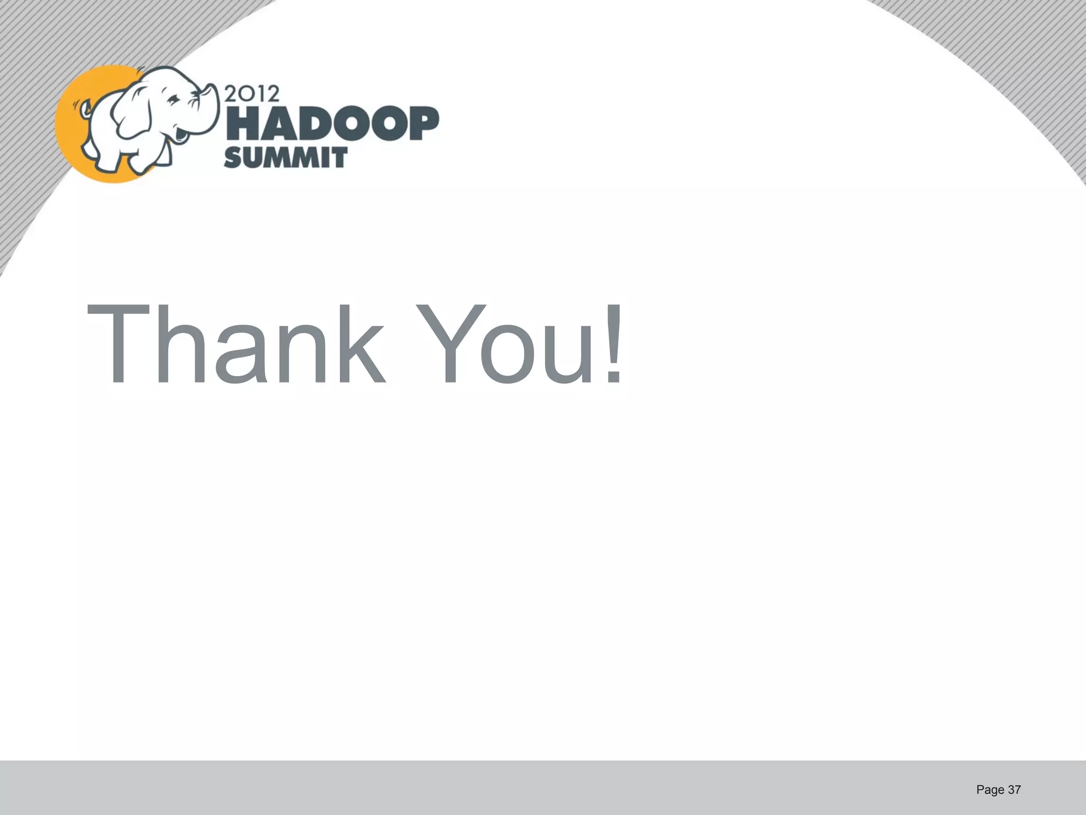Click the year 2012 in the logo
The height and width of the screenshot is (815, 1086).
pyautogui.click(x=252, y=94)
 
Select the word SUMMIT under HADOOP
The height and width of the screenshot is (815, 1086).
pyautogui.click(x=285, y=158)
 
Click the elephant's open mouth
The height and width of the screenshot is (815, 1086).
pyautogui.click(x=180, y=134)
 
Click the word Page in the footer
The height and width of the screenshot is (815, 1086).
pyautogui.click(x=990, y=790)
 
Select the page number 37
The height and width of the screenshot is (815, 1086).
pyautogui.click(x=1014, y=790)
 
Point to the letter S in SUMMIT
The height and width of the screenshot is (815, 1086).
pyautogui.click(x=234, y=158)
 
